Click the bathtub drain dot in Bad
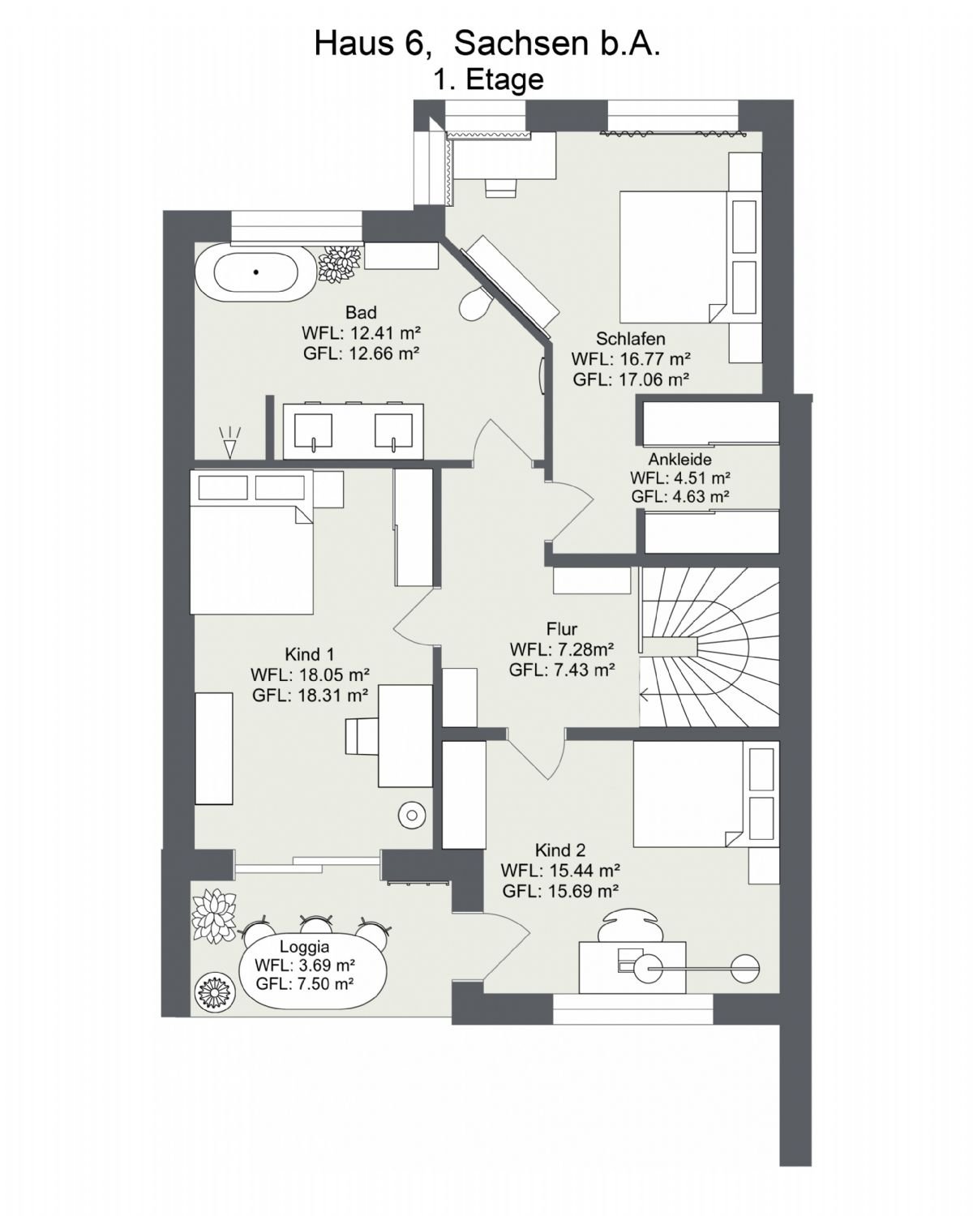(256, 272)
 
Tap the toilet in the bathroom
(474, 302)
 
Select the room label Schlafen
(630, 339)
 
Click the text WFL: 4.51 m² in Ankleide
(680, 477)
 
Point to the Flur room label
(561, 629)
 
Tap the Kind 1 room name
(309, 654)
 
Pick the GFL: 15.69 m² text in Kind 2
(559, 891)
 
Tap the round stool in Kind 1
(412, 816)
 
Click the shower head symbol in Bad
(229, 442)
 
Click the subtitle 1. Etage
(488, 79)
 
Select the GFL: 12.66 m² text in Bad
(362, 353)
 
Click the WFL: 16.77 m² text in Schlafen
(630, 359)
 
